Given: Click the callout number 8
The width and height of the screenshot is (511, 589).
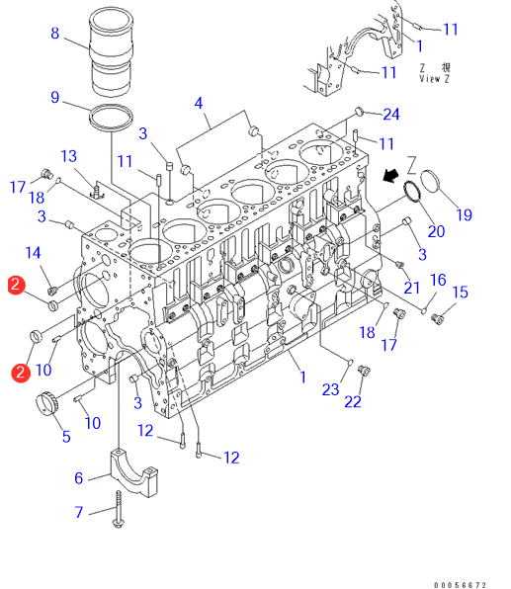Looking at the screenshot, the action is [55, 33].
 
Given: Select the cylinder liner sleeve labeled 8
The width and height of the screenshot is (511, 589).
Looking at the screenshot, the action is [112, 51].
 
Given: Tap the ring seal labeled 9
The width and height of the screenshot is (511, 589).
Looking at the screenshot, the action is [111, 118].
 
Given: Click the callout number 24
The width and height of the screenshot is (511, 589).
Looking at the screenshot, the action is [391, 115].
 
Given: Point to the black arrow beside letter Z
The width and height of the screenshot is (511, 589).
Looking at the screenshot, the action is [390, 175].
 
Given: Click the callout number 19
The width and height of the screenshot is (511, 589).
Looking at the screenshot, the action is [464, 214].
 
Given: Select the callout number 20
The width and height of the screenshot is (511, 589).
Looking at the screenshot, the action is [436, 231].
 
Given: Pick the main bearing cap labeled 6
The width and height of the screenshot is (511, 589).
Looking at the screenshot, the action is [133, 472].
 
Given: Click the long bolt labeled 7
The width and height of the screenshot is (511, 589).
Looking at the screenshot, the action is [119, 509].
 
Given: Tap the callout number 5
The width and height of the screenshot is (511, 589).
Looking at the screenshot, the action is [66, 437].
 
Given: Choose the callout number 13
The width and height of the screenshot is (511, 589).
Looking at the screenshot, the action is [69, 156].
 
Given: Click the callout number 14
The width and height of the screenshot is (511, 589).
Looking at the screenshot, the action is [33, 253].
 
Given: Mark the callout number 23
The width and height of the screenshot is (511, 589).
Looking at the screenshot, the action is [331, 389].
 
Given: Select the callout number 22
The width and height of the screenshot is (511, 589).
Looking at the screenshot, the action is [353, 402].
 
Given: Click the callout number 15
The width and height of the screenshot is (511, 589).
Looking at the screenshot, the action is [461, 293].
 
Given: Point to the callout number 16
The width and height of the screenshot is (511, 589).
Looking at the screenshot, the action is [438, 280].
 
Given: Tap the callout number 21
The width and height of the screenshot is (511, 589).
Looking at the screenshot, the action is [412, 288].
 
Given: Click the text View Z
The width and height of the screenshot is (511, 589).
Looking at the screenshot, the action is [434, 79].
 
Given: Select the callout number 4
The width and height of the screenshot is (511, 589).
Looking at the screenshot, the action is [199, 104].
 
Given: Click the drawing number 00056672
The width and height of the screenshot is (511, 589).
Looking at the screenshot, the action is [460, 585].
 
